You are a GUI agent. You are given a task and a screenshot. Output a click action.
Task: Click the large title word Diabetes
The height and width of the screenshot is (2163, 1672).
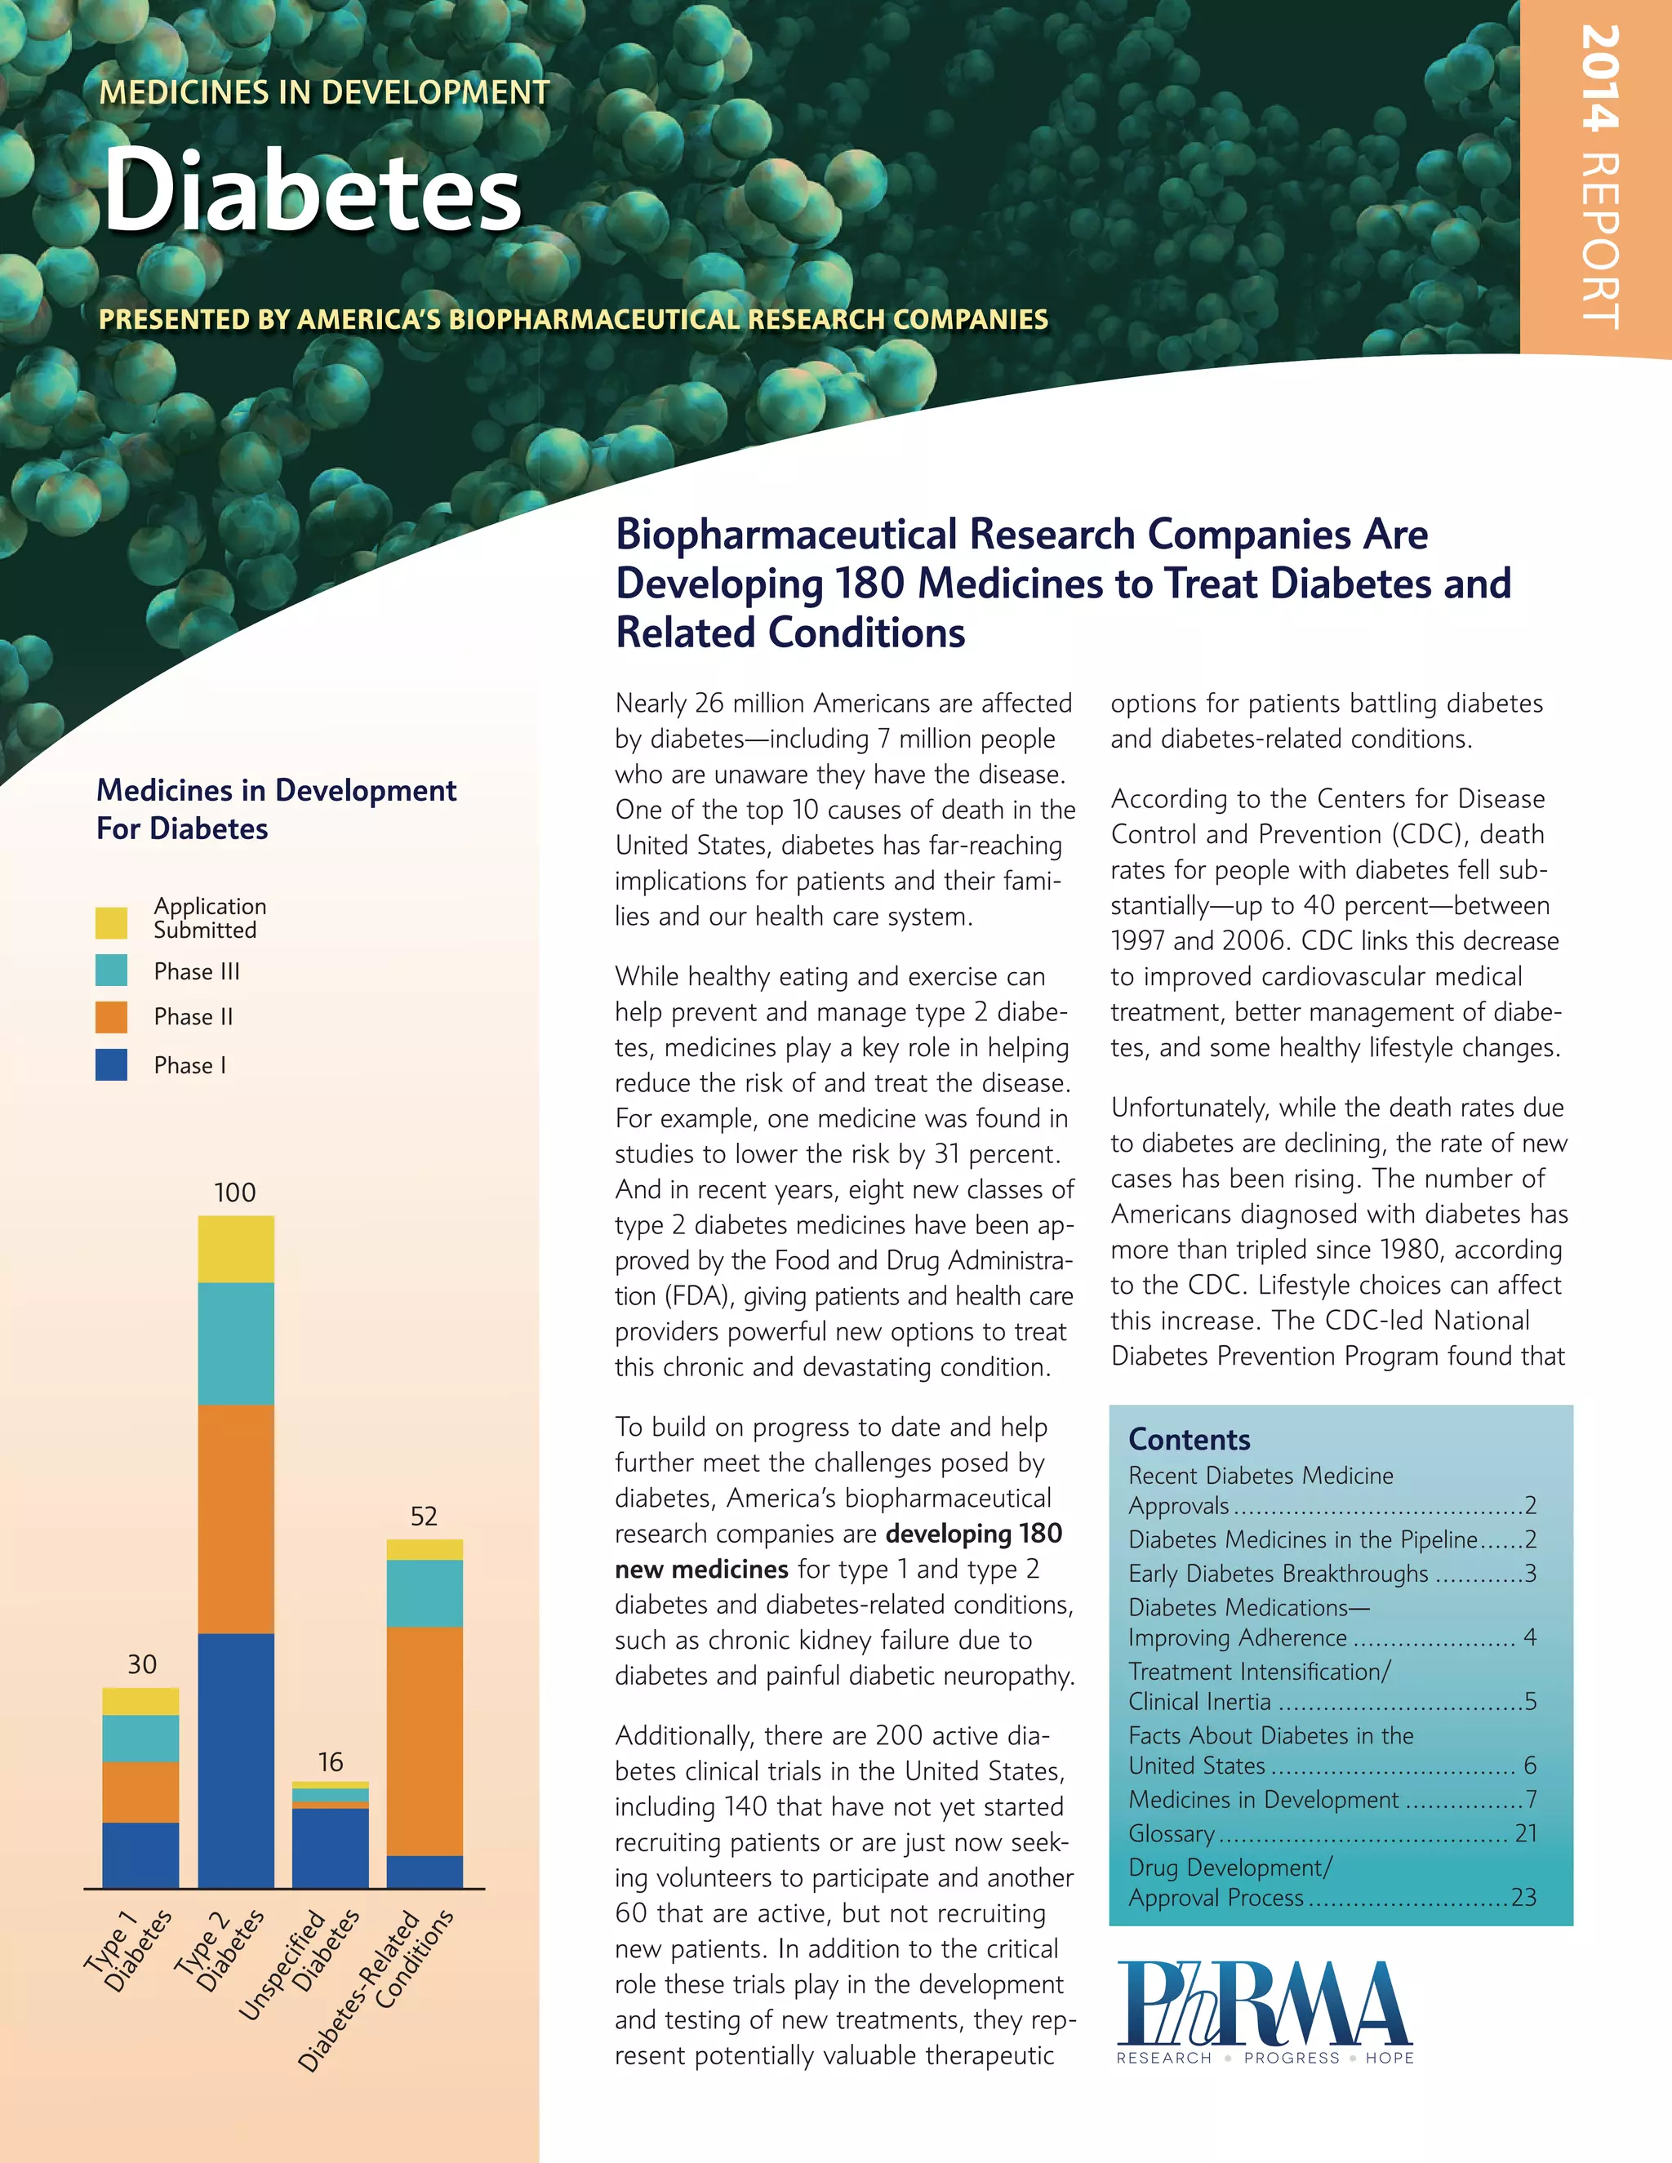point(312,190)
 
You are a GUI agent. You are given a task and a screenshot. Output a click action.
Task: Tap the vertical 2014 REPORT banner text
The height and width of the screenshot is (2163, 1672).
point(1599,178)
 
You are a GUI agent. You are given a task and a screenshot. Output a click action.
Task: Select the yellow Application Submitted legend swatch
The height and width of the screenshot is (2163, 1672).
point(111,922)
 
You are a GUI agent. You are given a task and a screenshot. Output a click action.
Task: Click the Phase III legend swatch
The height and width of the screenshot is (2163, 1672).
point(111,970)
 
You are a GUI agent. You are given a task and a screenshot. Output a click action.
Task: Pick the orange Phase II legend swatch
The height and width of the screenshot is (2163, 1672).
point(111,1016)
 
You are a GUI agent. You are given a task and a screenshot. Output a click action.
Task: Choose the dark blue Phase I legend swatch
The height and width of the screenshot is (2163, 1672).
point(111,1064)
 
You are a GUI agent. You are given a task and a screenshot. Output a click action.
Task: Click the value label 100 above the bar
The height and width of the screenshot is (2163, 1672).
point(235,1193)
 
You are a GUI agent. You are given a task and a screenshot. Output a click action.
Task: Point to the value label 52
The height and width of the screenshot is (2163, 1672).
point(424,1517)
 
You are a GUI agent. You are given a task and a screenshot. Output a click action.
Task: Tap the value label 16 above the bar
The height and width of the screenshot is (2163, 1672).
point(330,1762)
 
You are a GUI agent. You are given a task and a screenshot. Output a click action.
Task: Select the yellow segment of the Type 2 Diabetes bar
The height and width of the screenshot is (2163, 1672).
point(236,1249)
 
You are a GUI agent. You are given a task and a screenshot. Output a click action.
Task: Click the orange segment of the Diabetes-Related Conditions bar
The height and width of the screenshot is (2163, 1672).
point(424,1741)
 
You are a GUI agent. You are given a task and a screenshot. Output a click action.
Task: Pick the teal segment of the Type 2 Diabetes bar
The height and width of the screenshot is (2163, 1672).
point(236,1344)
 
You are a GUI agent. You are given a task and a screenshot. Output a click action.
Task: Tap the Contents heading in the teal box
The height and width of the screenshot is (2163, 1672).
point(1190,1439)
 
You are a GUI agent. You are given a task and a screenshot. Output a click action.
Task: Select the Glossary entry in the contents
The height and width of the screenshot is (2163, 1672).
point(1172,1833)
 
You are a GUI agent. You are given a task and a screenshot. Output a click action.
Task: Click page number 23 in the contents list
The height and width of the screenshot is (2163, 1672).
point(1523,1898)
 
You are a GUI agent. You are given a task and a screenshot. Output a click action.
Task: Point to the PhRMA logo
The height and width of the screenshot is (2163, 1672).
point(1265,2010)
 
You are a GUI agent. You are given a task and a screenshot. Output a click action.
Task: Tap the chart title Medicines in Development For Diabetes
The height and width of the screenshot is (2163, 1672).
point(277,808)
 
